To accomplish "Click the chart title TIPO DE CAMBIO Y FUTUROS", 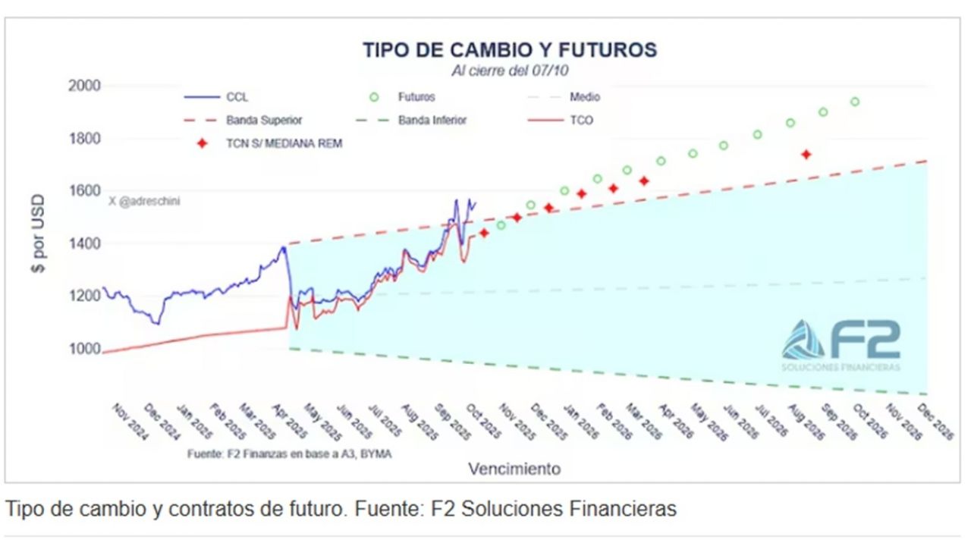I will pos(509,50).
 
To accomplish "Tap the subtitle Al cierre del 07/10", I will pos(510,71).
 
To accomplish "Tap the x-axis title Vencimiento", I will pos(514,469).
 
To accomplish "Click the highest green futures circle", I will pos(855,102).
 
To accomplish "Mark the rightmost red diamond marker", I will pos(806,155).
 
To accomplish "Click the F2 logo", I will pos(841,344).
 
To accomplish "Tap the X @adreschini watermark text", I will pos(144,201).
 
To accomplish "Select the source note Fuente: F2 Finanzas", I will pos(289,453).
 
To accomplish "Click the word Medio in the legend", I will pos(585,97).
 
